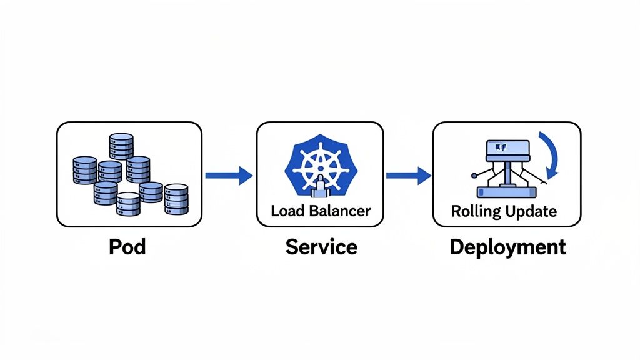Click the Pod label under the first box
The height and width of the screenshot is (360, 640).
[127, 247]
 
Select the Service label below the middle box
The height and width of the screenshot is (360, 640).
[321, 247]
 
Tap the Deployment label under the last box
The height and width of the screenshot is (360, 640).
[507, 247]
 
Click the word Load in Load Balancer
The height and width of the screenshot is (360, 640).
[286, 211]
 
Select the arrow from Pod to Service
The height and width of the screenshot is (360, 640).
[228, 176]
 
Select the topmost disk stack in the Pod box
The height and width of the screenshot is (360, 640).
[121, 146]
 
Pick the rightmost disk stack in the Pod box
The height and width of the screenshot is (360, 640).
[176, 199]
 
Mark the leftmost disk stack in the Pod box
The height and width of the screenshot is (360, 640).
[85, 169]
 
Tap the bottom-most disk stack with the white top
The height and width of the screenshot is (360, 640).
[128, 204]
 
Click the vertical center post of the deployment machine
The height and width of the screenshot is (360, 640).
[507, 172]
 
